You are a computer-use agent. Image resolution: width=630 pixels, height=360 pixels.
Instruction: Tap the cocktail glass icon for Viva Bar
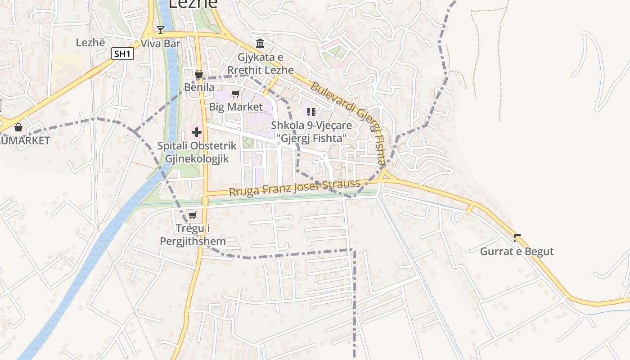[161, 30]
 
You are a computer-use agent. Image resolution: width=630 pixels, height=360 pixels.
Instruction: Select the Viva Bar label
[160, 44]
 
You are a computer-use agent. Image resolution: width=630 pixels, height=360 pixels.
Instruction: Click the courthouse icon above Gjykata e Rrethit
[260, 43]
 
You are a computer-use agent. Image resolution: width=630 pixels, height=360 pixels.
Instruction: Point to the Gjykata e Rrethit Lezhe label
[260, 63]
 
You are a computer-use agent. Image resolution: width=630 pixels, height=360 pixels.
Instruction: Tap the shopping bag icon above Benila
[198, 74]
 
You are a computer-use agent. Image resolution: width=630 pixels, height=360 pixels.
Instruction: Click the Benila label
[199, 87]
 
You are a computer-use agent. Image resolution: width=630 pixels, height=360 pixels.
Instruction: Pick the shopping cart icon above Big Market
[235, 94]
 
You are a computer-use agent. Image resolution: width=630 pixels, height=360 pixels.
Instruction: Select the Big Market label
[236, 107]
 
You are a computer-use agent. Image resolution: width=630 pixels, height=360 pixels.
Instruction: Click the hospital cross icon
[197, 132]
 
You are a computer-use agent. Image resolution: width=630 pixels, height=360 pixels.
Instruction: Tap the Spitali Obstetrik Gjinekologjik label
[197, 152]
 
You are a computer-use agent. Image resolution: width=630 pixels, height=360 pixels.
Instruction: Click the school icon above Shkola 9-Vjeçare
[311, 112]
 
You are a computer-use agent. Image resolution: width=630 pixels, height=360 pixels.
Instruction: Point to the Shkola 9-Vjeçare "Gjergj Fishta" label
[311, 131]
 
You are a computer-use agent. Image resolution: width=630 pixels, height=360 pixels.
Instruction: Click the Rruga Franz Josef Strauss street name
[295, 187]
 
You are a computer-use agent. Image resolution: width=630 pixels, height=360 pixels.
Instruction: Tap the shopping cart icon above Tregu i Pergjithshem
[193, 215]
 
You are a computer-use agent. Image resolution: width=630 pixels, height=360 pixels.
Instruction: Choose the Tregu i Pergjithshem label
[193, 235]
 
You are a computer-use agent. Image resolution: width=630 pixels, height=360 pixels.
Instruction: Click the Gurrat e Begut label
[517, 251]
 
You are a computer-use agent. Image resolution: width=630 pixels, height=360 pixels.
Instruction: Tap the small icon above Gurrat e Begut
[517, 237]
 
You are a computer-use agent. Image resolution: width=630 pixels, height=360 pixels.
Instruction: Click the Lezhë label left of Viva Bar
[90, 43]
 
